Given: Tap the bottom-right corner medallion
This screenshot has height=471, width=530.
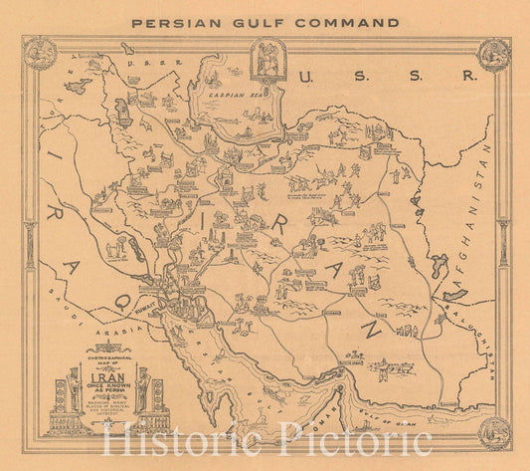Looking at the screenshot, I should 493,431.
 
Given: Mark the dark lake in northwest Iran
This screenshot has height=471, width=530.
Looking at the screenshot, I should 123,111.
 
